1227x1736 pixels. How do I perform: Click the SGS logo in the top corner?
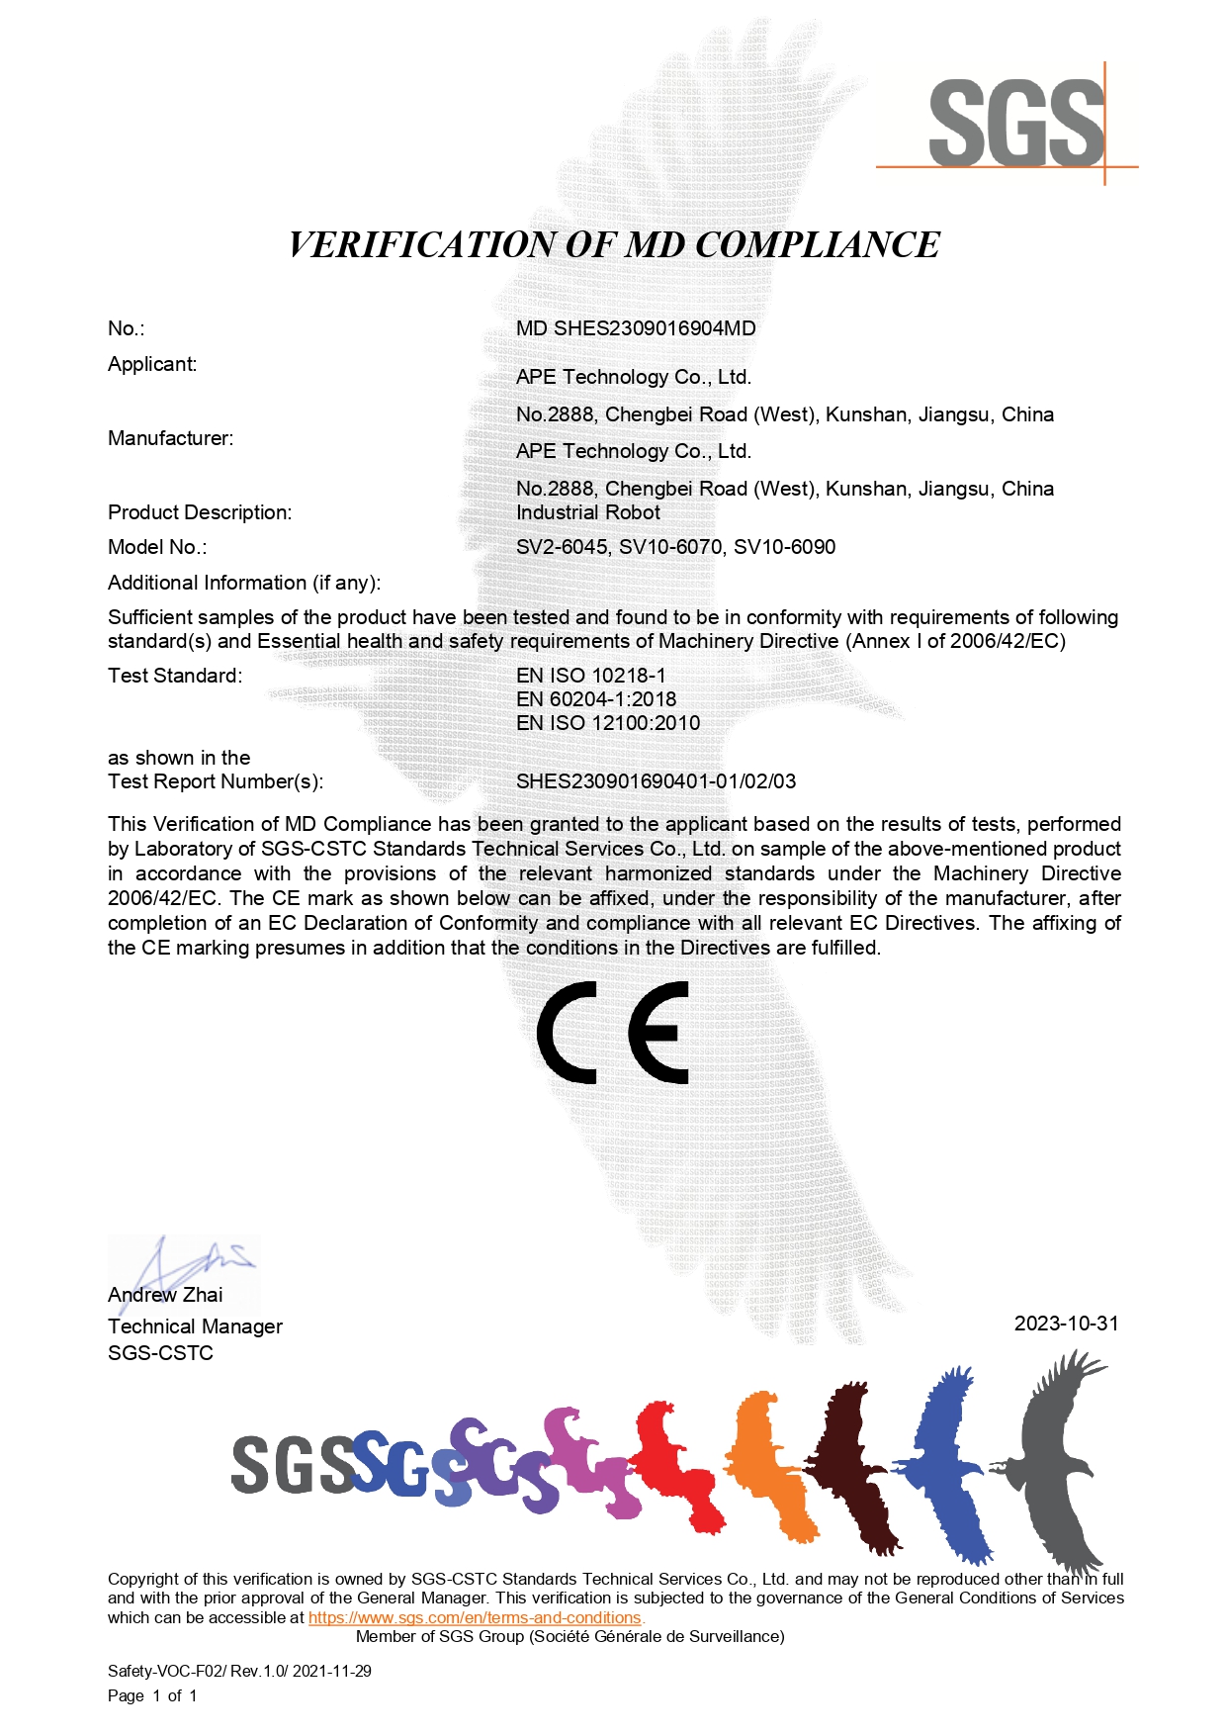point(1016,123)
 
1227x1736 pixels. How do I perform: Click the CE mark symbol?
point(613,1032)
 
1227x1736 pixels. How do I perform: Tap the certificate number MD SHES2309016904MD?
point(636,328)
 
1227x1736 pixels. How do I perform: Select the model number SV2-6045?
point(562,547)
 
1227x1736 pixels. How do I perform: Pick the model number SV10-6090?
point(784,547)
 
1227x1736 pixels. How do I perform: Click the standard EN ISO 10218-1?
point(590,676)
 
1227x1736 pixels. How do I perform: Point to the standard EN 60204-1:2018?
point(596,699)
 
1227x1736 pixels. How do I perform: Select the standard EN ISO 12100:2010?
point(608,723)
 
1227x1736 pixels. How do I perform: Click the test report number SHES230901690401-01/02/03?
point(656,781)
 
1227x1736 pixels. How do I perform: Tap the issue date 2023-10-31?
point(1066,1324)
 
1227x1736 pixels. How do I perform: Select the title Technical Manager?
point(195,1326)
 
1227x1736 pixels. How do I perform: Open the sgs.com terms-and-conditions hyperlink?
point(475,1618)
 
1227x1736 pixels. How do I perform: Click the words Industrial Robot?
point(588,512)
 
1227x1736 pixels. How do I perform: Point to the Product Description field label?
point(200,512)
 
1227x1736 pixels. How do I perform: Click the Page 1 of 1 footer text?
point(152,1695)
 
